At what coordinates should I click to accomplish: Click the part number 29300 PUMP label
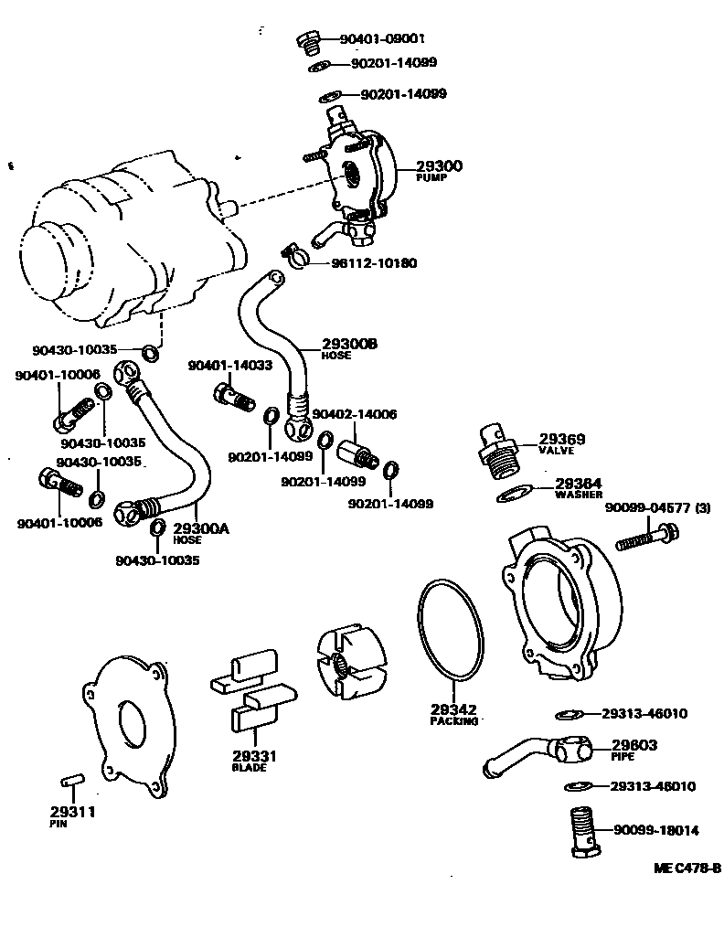(439, 170)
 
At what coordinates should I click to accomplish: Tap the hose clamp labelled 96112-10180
(293, 257)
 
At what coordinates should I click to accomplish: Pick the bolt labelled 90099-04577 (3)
(646, 537)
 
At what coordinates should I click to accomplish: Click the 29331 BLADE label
(249, 762)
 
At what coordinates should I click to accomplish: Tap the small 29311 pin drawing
(71, 780)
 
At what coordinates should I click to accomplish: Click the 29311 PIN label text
(72, 815)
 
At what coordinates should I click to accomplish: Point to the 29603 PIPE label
(633, 750)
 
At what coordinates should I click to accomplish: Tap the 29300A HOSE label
(200, 533)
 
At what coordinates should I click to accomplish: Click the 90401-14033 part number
(229, 366)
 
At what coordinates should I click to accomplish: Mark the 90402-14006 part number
(355, 414)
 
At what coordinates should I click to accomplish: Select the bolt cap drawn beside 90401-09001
(309, 40)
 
